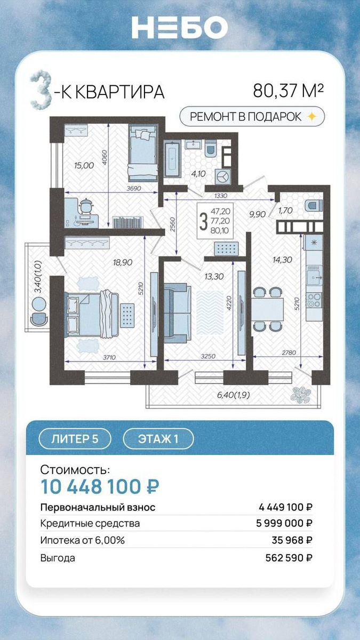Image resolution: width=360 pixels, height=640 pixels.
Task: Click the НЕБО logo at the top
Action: (179, 27)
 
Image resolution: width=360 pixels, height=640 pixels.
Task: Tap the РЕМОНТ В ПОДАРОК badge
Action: (252, 117)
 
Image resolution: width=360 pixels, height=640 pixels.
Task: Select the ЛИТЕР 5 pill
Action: (75, 438)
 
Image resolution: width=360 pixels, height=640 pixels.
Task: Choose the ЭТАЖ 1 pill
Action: (158, 438)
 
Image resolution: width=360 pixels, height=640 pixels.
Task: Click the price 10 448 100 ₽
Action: (100, 486)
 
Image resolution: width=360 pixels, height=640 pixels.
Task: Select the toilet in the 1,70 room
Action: (314, 205)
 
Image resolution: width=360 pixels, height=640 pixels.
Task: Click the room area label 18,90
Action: (123, 262)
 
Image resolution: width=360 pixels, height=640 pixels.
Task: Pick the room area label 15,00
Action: (84, 165)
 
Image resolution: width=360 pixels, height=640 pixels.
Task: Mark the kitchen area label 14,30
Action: (282, 259)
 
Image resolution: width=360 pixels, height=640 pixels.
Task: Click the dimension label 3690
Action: (134, 189)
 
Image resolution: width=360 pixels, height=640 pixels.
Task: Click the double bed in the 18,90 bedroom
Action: (92, 314)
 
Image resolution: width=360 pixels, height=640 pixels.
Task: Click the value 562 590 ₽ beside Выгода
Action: (289, 558)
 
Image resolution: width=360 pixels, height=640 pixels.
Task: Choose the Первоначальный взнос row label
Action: (98, 507)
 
